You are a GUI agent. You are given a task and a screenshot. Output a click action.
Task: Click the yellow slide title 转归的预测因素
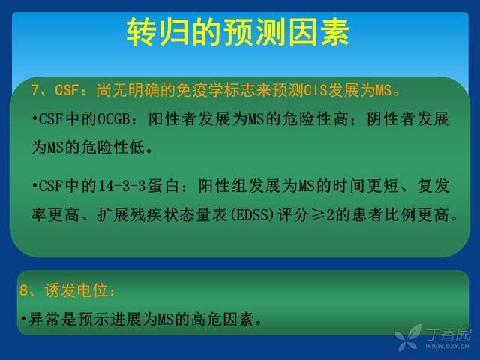point(238,31)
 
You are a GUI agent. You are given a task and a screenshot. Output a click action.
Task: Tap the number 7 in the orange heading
point(35,90)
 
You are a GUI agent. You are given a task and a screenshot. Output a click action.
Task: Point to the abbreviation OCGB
point(113,119)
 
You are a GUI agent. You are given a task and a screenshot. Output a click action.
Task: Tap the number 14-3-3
point(121,186)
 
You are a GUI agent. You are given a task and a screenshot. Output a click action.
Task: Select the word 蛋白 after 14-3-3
point(163,186)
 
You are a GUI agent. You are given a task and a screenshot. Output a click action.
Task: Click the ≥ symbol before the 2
point(319,215)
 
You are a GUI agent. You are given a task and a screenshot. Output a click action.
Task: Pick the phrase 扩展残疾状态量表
point(162,215)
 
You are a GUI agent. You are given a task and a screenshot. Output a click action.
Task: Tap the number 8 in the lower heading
point(23,290)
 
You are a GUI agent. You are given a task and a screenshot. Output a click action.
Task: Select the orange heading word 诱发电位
point(76,290)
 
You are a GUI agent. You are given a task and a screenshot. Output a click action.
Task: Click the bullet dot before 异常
point(23,319)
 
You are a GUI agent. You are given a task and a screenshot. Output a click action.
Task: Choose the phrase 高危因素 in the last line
point(223,319)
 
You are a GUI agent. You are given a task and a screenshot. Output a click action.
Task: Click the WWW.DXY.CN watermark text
point(447,346)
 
